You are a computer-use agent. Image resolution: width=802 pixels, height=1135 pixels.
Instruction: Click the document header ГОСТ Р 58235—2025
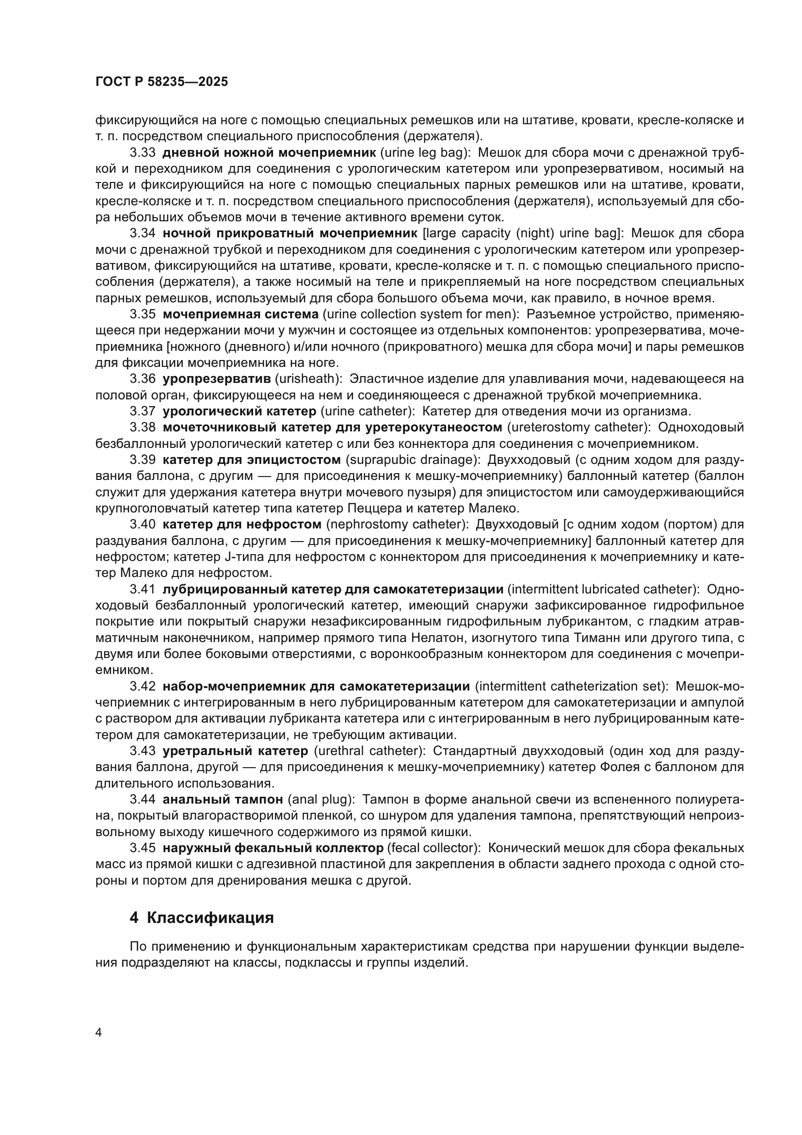[161, 82]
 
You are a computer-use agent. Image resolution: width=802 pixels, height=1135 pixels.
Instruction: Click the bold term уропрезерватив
[217, 379]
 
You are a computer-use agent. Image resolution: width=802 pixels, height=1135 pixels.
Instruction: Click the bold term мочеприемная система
[241, 314]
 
